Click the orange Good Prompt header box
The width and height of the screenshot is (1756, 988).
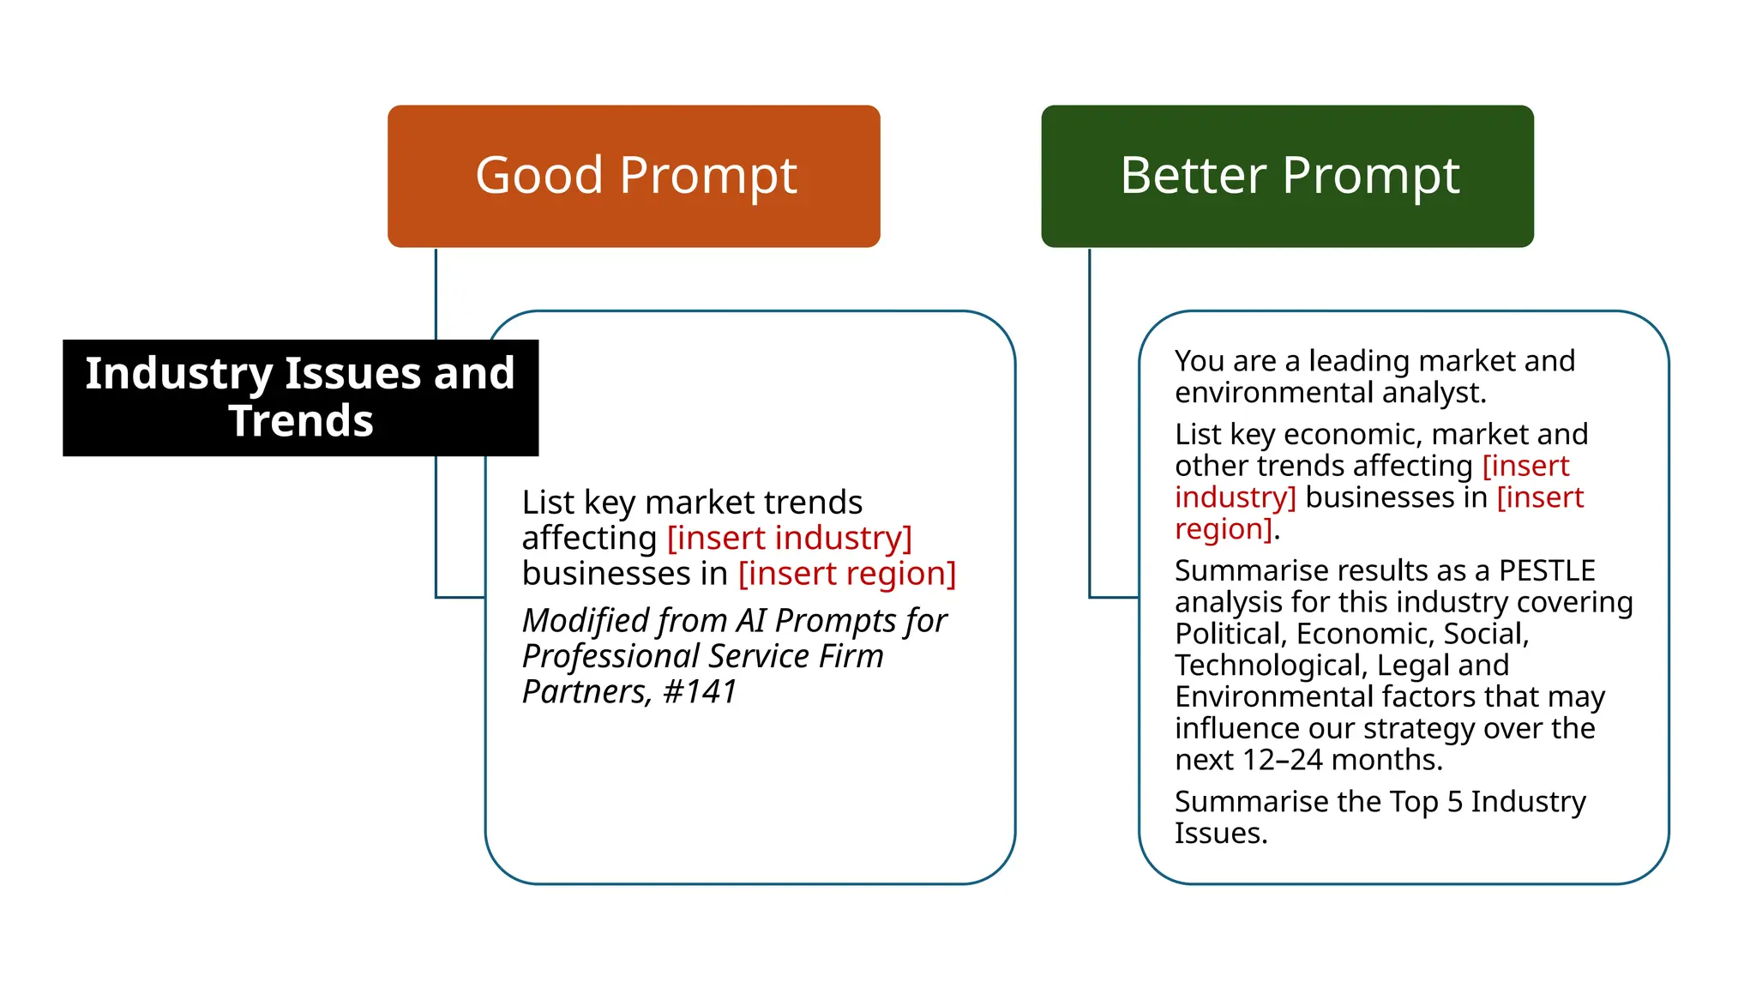click(x=634, y=177)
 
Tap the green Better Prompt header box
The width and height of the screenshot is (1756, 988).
click(x=1287, y=177)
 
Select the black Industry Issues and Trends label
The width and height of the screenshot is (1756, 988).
click(x=300, y=397)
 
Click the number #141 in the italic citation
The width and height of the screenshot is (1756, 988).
click(x=701, y=692)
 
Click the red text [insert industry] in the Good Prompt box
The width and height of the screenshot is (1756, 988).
click(x=789, y=539)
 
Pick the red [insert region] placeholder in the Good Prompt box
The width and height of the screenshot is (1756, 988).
click(x=846, y=574)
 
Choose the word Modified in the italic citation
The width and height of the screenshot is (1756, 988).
click(x=582, y=621)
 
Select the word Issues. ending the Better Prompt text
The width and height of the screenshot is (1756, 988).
click(x=1220, y=834)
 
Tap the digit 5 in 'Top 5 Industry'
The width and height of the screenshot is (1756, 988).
click(x=1454, y=802)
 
